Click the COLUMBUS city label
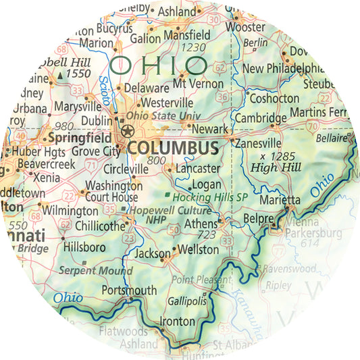172,147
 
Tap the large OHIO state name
158,66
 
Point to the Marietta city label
280,200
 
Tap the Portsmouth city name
128,290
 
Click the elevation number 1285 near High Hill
269,157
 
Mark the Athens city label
200,224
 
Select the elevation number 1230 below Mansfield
194,47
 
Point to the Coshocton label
274,98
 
